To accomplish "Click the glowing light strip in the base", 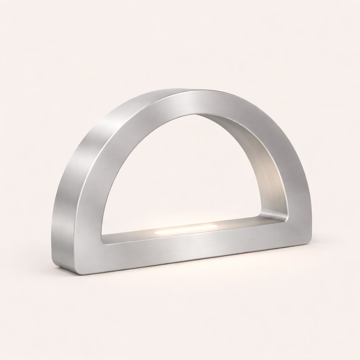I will (186, 229).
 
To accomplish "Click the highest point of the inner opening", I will (195, 114).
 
